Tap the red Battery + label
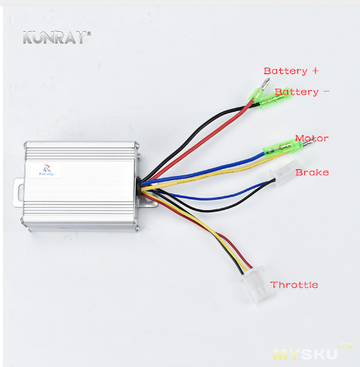click(x=291, y=71)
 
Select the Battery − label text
click(x=302, y=92)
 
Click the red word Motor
click(x=312, y=138)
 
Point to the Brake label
click(x=312, y=172)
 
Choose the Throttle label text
click(x=294, y=285)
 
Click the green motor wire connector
click(x=283, y=148)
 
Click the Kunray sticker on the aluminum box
click(x=46, y=171)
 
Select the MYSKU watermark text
click(x=305, y=355)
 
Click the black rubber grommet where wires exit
click(x=140, y=185)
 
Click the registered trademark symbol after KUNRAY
click(x=89, y=33)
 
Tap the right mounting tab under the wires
click(x=151, y=203)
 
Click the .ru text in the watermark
click(x=346, y=346)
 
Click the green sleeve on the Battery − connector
click(x=275, y=98)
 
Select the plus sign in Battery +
click(x=316, y=70)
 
